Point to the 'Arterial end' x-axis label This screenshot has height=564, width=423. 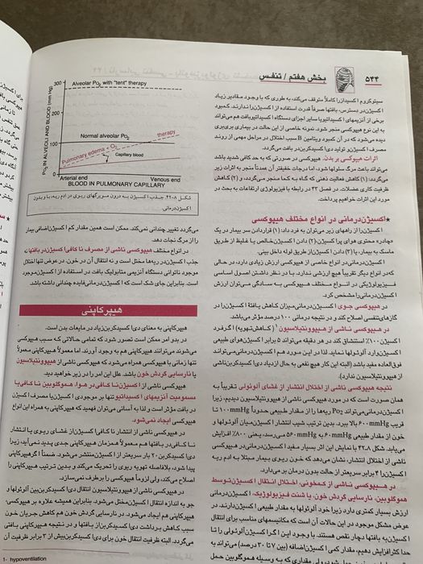[x=73, y=177]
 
